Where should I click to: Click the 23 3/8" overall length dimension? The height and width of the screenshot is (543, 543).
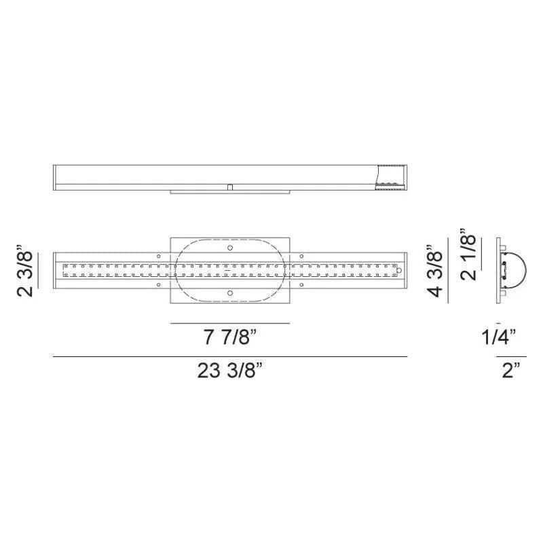tap(230, 371)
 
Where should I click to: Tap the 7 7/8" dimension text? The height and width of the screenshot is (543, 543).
tap(230, 337)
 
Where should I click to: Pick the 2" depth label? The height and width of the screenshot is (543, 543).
tap(511, 371)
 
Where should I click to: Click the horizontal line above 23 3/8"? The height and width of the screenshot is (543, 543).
tap(230, 356)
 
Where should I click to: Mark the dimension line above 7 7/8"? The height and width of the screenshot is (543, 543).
tap(230, 323)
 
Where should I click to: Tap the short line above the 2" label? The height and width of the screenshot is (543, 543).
tap(511, 356)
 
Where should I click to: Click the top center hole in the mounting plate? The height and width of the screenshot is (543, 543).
tap(230, 248)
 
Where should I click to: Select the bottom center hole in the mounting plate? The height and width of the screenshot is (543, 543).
tap(230, 293)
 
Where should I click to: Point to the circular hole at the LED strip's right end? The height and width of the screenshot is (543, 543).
tap(399, 270)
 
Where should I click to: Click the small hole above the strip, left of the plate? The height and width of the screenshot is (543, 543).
tap(159, 255)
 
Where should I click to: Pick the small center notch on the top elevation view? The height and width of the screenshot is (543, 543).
tap(230, 185)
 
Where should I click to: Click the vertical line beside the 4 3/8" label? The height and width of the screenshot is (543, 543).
tap(447, 270)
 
